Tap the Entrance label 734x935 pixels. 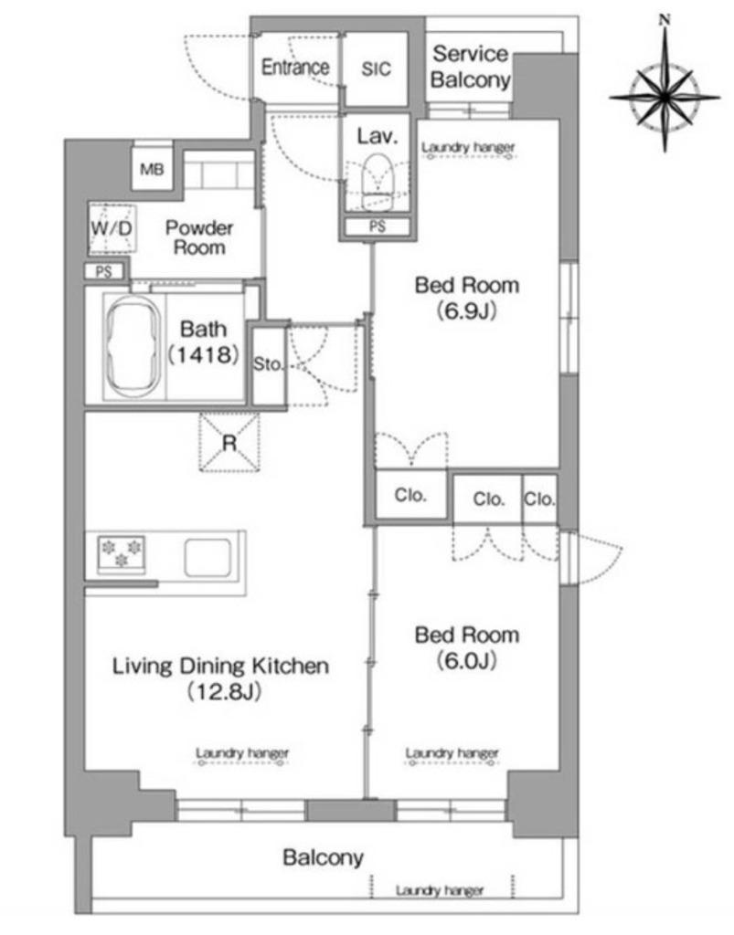pos(295,67)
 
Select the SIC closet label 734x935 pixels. pos(376,68)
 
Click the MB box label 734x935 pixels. pos(152,169)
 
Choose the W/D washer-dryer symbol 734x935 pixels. pos(112,229)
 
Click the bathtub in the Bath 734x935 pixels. pos(133,347)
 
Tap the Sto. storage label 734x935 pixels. pos(268,363)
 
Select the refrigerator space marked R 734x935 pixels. pos(229,442)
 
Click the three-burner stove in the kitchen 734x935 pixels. pos(122,553)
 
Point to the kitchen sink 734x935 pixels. pos(207,558)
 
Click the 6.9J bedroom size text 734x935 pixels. pos(467,310)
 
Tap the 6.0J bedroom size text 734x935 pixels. pos(467,661)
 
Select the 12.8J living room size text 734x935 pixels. pos(224,692)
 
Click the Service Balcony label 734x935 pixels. pos(470,67)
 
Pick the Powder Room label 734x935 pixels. pos(199,237)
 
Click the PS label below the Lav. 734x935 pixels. pos(378,226)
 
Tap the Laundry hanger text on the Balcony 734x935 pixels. pos(439,891)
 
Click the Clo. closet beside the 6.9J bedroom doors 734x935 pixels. pos(410,495)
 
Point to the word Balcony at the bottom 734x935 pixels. pos(323,858)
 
